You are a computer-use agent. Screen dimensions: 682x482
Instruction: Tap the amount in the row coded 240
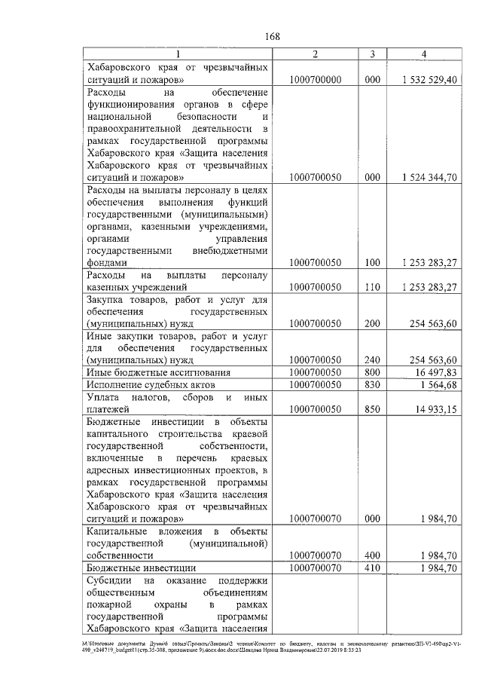[x=430, y=360]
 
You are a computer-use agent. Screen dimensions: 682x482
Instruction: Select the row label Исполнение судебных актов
[x=141, y=385]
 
